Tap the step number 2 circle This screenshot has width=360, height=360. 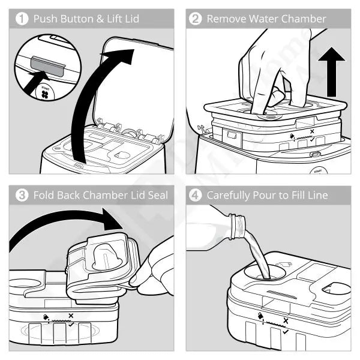[x=195, y=19]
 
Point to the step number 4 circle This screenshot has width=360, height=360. [x=195, y=195]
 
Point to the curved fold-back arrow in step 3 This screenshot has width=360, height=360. [x=60, y=225]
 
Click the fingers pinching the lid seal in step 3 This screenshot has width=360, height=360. [x=147, y=270]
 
